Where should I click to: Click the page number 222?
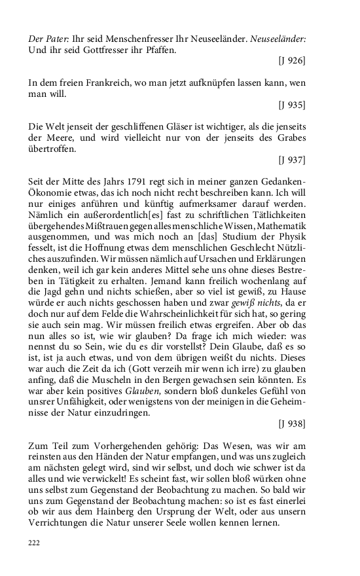35,543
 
